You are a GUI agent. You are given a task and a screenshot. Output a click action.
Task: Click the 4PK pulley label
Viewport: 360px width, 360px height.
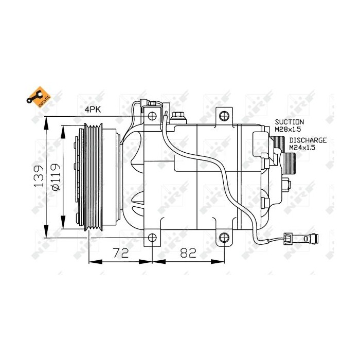click(x=93, y=110)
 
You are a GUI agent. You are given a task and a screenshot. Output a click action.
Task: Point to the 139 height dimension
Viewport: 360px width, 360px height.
click(x=39, y=177)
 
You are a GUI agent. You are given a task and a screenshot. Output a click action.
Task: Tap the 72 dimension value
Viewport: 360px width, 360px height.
click(x=121, y=253)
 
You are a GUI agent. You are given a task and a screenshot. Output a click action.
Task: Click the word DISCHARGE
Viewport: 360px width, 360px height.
click(x=308, y=140)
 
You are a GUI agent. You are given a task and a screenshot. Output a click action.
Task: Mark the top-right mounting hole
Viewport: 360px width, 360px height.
click(x=223, y=115)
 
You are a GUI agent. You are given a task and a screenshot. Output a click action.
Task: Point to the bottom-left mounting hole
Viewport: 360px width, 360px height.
click(x=152, y=237)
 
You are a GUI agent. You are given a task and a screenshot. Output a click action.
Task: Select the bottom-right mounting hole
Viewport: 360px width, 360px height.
click(x=224, y=237)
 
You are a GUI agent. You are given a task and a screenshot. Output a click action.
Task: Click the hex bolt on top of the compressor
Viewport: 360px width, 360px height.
click(x=178, y=116)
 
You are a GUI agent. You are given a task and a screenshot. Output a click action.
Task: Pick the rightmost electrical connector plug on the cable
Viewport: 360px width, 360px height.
click(x=311, y=238)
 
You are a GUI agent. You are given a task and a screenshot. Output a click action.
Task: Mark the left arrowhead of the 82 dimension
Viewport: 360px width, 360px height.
click(x=156, y=261)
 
